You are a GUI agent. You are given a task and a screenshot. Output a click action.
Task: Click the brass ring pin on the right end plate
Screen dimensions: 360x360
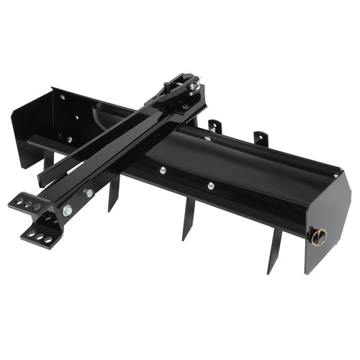[x=318, y=235]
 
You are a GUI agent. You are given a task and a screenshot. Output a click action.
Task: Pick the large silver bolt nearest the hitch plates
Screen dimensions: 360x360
[x=67, y=210]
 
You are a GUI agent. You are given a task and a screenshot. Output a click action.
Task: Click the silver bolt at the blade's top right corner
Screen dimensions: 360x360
[x=336, y=175]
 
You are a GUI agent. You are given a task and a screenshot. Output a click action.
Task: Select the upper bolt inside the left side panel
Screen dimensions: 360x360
[x=62, y=97]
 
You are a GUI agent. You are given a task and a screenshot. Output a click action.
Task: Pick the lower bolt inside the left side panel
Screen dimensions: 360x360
[x=69, y=139]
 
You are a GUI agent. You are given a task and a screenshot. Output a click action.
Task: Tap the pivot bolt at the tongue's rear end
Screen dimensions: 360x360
[x=192, y=86]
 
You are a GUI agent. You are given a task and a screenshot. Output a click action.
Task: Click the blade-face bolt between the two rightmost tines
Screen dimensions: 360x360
[x=211, y=186]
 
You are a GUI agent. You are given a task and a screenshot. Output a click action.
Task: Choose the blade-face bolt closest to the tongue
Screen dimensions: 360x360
[x=163, y=170]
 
